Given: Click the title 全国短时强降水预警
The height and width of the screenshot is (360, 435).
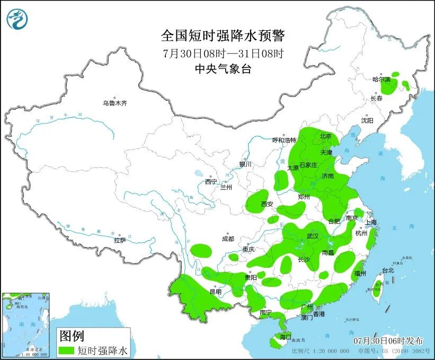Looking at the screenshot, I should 223,36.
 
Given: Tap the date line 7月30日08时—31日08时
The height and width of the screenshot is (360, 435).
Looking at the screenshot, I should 223,54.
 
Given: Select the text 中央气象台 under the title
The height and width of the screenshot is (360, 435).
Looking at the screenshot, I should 223,68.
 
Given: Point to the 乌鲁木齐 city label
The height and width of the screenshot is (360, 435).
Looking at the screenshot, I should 115,103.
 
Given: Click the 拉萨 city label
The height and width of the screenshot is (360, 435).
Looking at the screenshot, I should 120,240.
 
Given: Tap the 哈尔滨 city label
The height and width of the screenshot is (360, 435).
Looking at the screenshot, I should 381,80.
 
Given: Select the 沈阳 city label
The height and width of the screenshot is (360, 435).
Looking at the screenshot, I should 367,120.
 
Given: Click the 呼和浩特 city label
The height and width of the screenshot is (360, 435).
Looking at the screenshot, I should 284,140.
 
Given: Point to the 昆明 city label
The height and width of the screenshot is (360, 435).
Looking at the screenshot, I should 215,291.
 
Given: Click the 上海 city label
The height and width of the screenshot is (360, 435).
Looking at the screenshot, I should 370,222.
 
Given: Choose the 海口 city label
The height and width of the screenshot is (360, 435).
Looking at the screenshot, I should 285,337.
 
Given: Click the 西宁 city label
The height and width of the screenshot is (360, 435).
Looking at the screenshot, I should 211,181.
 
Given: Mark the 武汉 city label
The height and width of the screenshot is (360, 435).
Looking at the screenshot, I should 313,236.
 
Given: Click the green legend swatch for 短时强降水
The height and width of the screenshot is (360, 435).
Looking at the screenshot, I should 67,350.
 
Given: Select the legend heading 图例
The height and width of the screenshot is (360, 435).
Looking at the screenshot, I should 72,336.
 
